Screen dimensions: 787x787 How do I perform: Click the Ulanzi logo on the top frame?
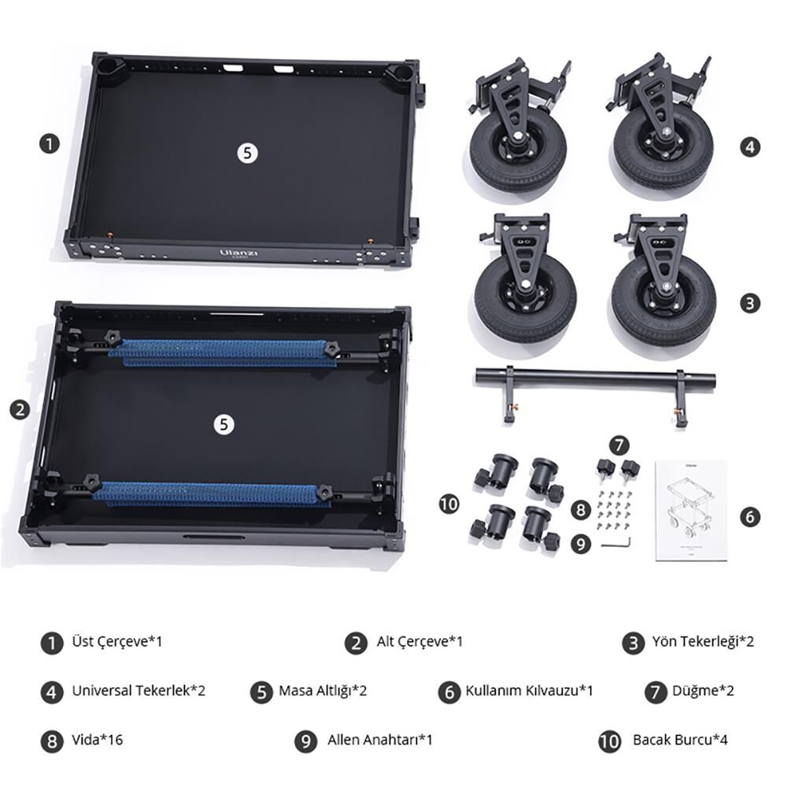[238, 253]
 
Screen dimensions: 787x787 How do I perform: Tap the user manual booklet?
[691, 511]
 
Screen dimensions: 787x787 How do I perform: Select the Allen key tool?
[616, 542]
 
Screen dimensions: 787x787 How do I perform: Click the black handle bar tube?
[595, 377]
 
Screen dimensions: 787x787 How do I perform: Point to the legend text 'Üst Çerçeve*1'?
[117, 641]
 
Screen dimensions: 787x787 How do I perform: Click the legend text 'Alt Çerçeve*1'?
[419, 641]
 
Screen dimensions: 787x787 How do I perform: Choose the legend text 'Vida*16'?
[98, 740]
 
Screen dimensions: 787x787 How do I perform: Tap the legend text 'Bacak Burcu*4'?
[680, 740]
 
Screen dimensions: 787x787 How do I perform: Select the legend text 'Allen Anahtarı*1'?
[380, 740]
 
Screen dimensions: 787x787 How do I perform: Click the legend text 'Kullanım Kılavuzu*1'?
[529, 691]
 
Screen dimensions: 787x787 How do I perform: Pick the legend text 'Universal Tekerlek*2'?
[139, 691]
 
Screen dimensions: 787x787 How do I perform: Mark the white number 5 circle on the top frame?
[247, 153]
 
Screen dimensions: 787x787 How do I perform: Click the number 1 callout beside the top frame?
[49, 145]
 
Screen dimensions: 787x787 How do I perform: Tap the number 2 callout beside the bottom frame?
[20, 410]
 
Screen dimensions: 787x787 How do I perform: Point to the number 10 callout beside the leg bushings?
[449, 504]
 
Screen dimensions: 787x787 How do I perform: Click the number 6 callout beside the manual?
[750, 516]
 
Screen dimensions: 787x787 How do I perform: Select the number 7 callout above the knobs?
[619, 445]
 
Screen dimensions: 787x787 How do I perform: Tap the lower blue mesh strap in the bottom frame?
[211, 494]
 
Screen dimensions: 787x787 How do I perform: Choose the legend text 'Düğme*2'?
[703, 691]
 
